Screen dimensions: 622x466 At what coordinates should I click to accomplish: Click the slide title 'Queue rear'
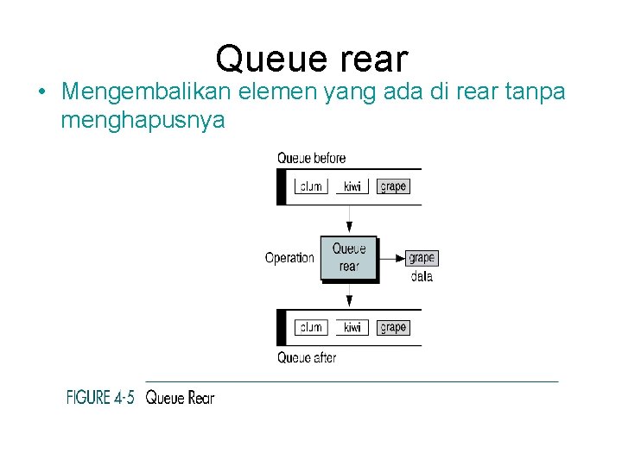point(311,59)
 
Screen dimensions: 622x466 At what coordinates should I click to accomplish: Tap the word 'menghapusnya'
point(143,120)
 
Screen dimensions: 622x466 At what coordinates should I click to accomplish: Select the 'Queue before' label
point(311,158)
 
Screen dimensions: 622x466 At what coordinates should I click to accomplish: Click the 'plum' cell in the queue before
point(311,186)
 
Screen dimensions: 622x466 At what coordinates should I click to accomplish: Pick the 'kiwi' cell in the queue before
point(352,186)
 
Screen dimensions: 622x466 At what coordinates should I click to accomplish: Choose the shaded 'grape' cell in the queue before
point(392,186)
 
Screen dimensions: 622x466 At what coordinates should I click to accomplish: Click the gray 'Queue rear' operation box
point(349,257)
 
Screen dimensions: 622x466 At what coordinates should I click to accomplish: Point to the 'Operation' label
point(289,258)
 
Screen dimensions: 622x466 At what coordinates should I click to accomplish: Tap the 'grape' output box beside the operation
point(422,257)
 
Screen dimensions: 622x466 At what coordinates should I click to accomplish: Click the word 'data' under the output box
point(422,276)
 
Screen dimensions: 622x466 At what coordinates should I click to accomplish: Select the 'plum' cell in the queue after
point(311,327)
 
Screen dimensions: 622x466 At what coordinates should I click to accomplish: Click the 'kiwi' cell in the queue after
point(352,327)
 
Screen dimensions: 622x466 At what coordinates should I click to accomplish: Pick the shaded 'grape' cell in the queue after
point(392,327)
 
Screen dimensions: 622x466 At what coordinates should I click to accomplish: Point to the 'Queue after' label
point(307,357)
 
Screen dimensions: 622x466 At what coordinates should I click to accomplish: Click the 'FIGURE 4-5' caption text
point(101,398)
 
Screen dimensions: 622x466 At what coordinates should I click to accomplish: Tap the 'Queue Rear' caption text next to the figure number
point(180,398)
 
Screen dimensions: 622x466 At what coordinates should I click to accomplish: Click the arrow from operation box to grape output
point(392,257)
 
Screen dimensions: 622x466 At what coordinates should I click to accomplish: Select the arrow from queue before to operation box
point(349,220)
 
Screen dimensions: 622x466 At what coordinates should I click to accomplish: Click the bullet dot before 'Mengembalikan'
point(41,92)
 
